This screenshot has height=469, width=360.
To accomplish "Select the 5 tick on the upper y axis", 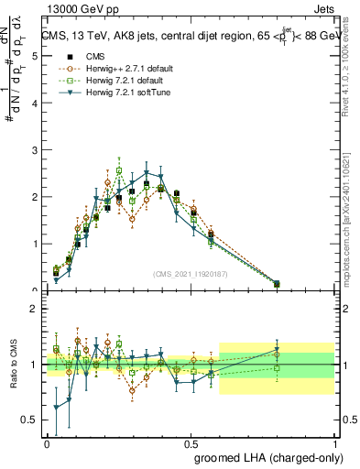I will (x=34, y=56).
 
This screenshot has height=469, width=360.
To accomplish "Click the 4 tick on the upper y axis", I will (x=34, y=103).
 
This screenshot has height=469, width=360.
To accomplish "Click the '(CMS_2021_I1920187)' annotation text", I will (x=190, y=274).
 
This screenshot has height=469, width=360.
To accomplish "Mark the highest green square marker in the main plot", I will (x=119, y=170).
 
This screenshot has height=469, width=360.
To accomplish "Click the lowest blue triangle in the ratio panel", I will (x=56, y=408).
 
